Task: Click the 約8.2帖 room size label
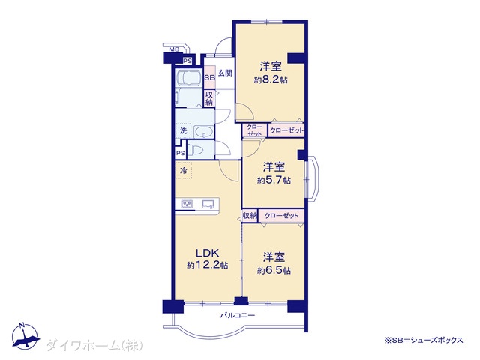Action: point(271,80)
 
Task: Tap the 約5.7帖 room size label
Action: point(274,180)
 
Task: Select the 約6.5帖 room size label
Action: point(274,270)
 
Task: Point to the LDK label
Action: point(208,253)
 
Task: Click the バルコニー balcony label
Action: point(238,315)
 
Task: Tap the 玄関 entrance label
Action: point(225,73)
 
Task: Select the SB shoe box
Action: point(210,77)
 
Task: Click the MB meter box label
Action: point(174,49)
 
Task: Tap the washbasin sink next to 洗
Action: point(203,132)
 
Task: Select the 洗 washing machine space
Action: point(183,131)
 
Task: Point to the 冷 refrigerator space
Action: point(183,170)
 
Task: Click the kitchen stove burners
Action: point(187,204)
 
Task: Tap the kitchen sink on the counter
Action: point(208,205)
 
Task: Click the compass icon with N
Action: point(25,336)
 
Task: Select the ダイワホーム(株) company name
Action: point(94,346)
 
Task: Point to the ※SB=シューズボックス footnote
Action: point(424,340)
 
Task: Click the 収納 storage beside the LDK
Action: point(250,216)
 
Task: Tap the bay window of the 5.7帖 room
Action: point(312,178)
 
